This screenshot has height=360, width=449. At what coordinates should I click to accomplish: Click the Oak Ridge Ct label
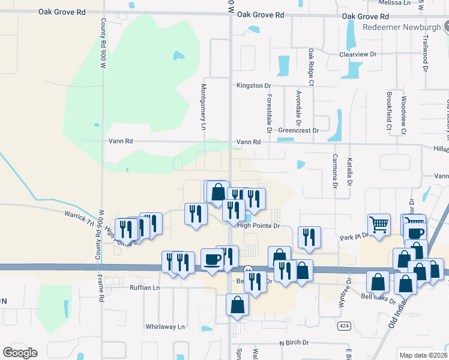[311, 67]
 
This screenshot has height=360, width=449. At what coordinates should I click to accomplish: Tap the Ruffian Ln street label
[145, 288]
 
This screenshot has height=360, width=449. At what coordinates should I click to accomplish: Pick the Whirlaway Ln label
[165, 327]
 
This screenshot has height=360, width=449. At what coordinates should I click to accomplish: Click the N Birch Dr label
[294, 343]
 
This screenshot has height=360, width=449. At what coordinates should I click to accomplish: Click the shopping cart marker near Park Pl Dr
[379, 226]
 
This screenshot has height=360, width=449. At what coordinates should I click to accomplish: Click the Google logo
[20, 353]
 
